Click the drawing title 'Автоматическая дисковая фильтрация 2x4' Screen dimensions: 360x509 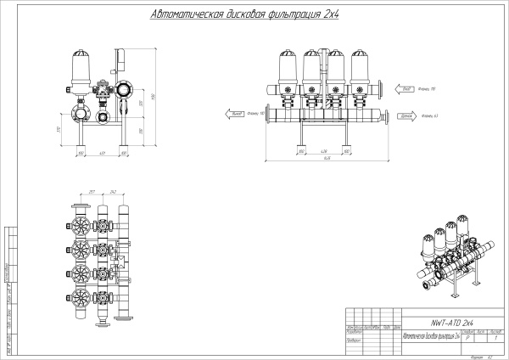pyautogui.click(x=243, y=15)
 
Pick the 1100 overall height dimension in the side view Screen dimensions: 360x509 pyautogui.click(x=154, y=95)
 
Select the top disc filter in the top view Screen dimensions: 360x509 pyautogui.click(x=85, y=228)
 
